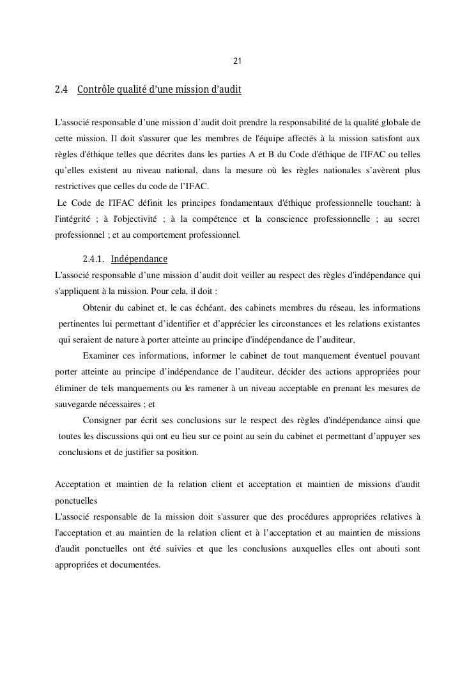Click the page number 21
pos(238,61)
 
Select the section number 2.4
pos(62,90)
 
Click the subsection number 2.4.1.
pos(94,259)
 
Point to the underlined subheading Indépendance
pos(139,259)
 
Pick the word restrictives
pos(77,187)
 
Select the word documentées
pos(135,565)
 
